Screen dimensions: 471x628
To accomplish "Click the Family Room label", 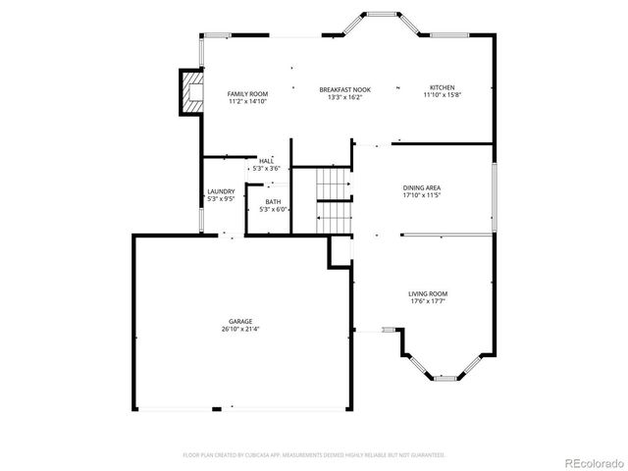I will click(247, 93).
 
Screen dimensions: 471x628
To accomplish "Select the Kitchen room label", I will click(442, 86).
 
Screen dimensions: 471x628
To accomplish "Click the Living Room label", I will click(428, 293).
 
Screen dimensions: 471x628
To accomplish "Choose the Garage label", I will click(240, 321).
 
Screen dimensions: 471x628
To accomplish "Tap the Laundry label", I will click(221, 191).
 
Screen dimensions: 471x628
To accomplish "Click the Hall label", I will click(266, 161).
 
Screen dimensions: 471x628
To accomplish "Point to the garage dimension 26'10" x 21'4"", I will click(240, 330).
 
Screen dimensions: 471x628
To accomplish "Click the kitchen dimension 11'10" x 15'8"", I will click(442, 95).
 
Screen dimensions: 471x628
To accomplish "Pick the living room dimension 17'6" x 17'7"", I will click(428, 301).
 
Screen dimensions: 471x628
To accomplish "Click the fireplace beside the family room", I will click(188, 91).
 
